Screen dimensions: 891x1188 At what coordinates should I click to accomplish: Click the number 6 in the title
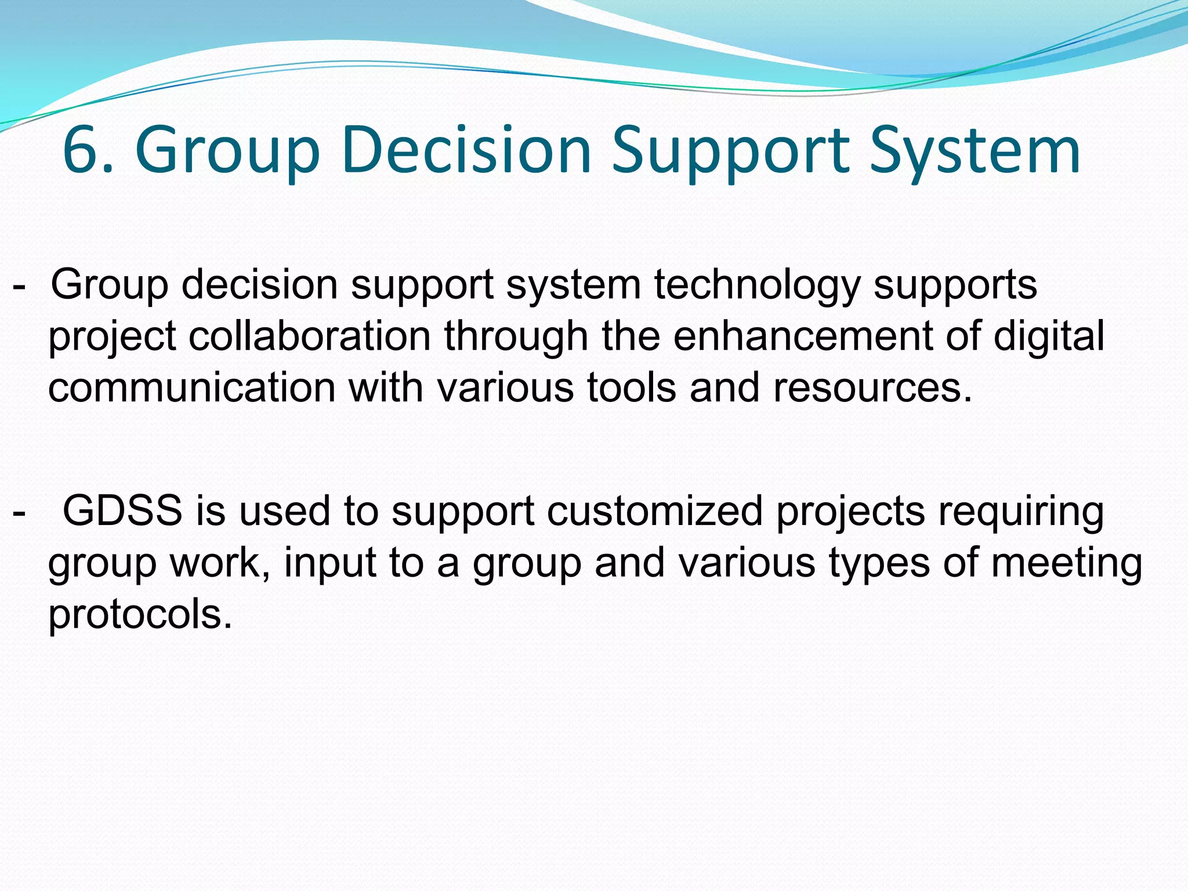coord(81,151)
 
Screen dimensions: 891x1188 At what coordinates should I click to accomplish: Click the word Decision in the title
coord(466,151)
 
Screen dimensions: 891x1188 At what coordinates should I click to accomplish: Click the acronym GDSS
coord(122,511)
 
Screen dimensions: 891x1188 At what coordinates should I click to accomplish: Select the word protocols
coord(140,615)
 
